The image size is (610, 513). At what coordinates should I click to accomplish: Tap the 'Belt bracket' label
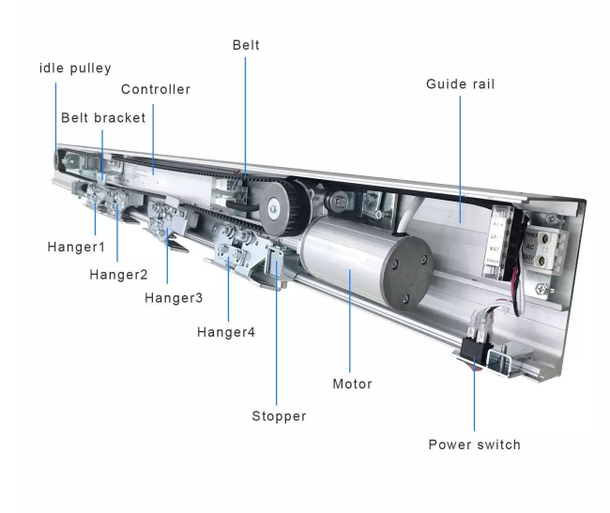(x=103, y=118)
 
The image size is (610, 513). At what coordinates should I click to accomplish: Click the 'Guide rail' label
(x=460, y=84)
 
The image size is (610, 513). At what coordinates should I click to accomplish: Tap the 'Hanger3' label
(x=174, y=298)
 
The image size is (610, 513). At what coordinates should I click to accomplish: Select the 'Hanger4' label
(x=225, y=332)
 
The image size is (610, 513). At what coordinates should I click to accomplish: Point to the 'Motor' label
(x=352, y=385)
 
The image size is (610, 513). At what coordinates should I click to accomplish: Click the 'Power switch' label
(x=474, y=445)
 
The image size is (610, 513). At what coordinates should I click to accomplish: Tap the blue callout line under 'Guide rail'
(x=460, y=150)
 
